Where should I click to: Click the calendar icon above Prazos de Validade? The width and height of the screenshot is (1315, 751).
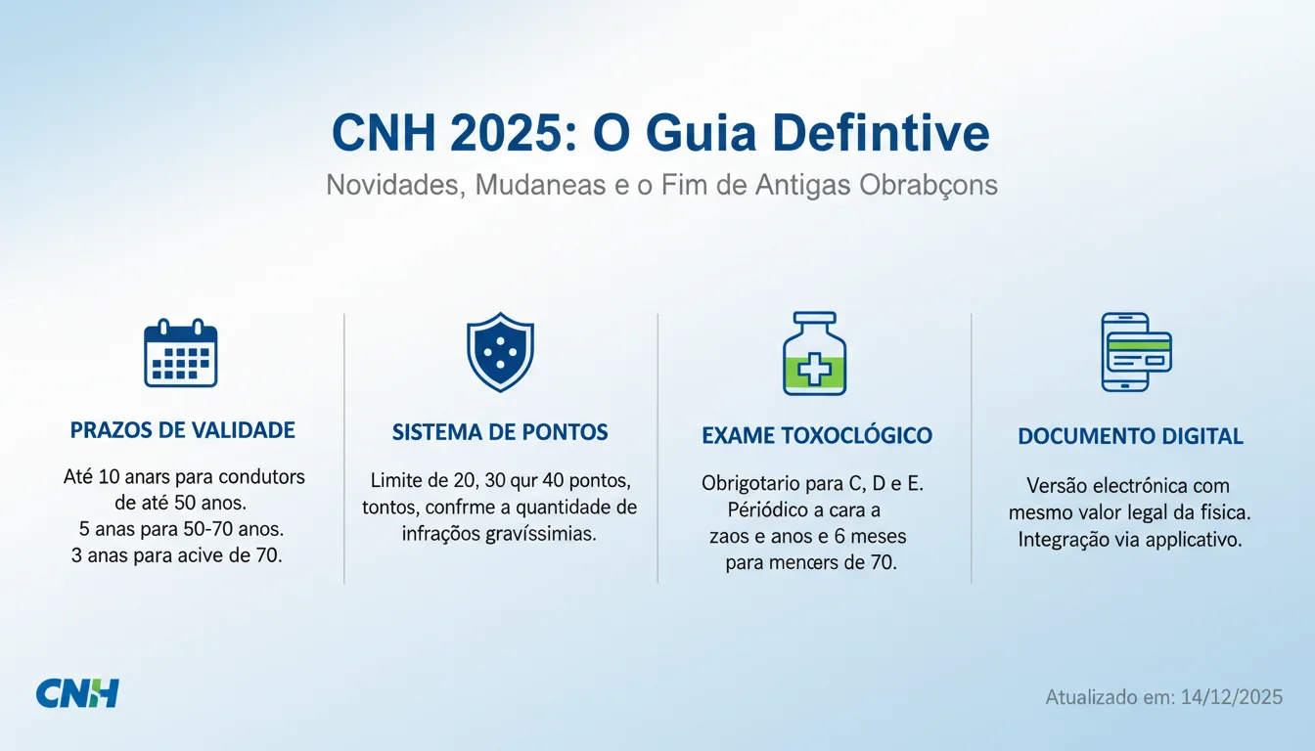click(x=181, y=353)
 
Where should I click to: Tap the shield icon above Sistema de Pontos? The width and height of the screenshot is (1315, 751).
click(x=500, y=352)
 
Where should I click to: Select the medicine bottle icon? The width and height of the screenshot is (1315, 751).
click(x=814, y=353)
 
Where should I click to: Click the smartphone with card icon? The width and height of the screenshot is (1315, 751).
click(x=1136, y=352)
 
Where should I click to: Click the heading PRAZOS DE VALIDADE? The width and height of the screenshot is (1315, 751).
click(x=183, y=429)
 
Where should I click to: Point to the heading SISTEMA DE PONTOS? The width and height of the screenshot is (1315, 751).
click(x=500, y=431)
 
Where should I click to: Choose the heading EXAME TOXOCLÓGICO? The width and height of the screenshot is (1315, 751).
click(x=817, y=435)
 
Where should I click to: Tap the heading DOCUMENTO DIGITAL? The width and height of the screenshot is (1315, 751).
click(x=1130, y=436)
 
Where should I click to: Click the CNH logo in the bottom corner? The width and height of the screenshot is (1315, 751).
click(x=77, y=692)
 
